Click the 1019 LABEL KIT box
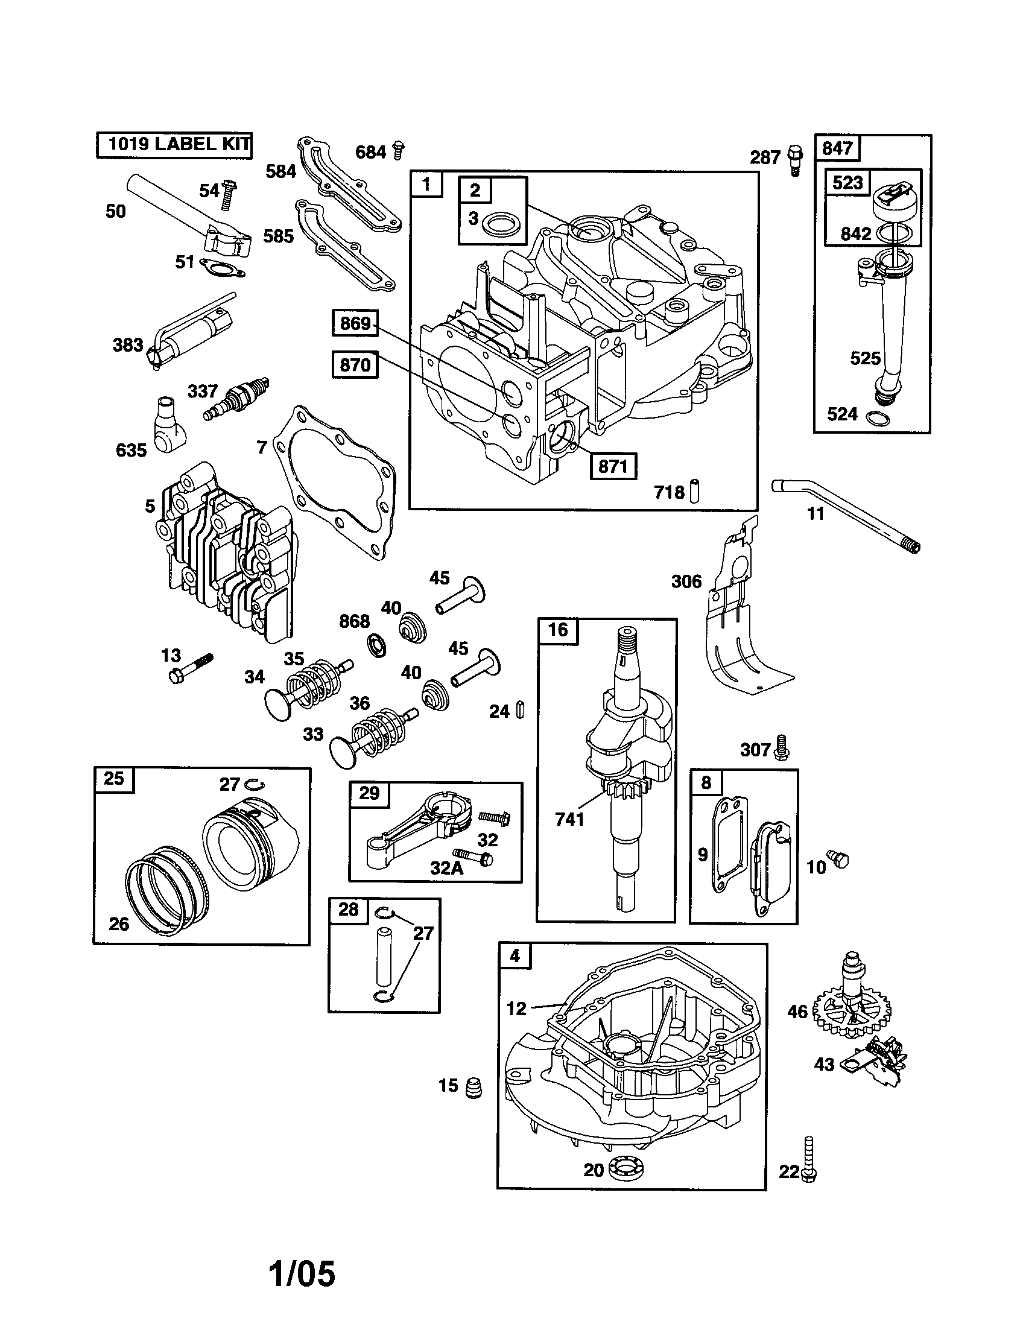click(174, 145)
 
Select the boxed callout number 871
click(613, 466)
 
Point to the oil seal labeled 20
click(625, 1169)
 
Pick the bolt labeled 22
click(808, 1161)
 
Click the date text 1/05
click(302, 1273)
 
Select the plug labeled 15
click(473, 1087)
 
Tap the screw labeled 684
click(399, 150)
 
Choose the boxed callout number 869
click(355, 323)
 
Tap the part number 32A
click(446, 867)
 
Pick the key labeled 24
click(519, 710)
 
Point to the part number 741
click(569, 819)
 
